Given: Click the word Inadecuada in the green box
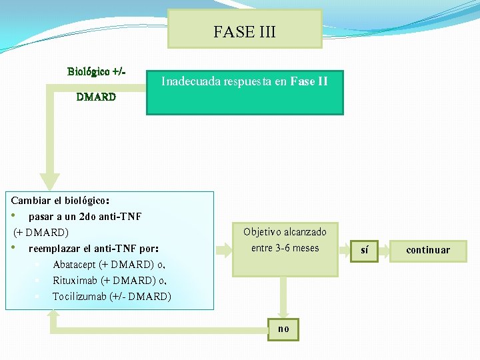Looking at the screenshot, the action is pyautogui.click(x=189, y=82).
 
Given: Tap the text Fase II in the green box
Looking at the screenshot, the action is pyautogui.click(x=309, y=82).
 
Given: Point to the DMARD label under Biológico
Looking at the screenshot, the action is pyautogui.click(x=96, y=97).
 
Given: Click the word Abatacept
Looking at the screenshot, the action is pyautogui.click(x=75, y=264).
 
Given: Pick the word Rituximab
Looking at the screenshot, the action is pyautogui.click(x=74, y=280).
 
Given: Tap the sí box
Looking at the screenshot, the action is pyautogui.click(x=364, y=250).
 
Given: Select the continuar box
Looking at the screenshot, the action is pyautogui.click(x=428, y=250).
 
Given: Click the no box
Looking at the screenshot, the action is pyautogui.click(x=283, y=329).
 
